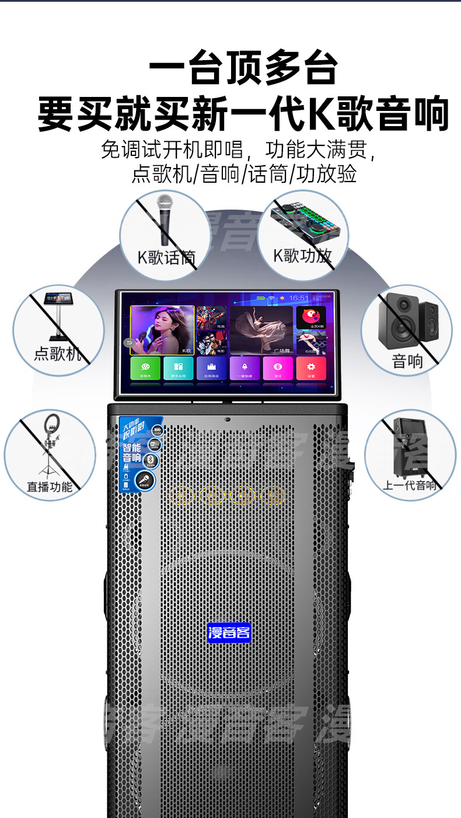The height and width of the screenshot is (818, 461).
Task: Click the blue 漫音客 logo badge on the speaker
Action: [229, 632]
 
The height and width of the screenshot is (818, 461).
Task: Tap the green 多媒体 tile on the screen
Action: [145, 369]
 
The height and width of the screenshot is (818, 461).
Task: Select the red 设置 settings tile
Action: [311, 369]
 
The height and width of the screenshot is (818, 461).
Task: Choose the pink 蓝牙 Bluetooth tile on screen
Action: [278, 369]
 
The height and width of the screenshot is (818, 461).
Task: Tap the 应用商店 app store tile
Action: [211, 369]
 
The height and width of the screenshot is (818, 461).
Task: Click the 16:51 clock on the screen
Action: [299, 298]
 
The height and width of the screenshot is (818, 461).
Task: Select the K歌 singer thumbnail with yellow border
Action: [162, 330]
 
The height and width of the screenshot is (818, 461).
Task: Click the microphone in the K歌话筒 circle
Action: [165, 219]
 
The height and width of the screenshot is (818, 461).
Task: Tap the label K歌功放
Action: [302, 255]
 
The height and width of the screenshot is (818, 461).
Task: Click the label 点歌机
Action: [57, 353]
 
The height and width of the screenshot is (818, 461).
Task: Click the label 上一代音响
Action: [410, 485]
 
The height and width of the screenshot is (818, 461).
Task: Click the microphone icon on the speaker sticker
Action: [143, 481]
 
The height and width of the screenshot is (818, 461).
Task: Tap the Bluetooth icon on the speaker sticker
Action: [151, 461]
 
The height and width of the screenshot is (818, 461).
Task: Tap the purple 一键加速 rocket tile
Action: [245, 369]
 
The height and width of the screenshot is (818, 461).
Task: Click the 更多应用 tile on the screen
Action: [178, 369]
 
